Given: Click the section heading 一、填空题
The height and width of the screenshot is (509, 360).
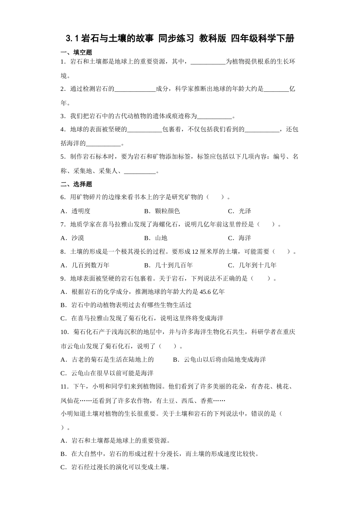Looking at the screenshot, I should [x=76, y=52].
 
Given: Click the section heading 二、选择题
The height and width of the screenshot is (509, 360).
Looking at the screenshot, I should [x=76, y=184].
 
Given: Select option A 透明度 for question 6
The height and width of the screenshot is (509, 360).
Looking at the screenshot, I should [x=76, y=211].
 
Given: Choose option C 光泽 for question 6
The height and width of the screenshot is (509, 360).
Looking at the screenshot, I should [x=239, y=211].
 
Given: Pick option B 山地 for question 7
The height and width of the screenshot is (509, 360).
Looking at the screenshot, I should [x=156, y=238].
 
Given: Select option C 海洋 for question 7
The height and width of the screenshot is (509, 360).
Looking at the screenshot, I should [x=239, y=238].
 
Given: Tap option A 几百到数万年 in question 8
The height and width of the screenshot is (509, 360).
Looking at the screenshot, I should [x=85, y=265].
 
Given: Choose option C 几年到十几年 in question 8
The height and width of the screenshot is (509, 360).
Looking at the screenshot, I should [x=252, y=265].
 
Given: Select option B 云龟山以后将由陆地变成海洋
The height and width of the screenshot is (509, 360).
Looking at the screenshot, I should [x=219, y=359].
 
